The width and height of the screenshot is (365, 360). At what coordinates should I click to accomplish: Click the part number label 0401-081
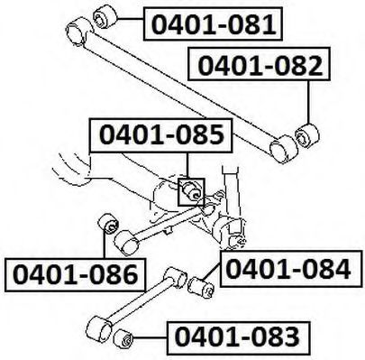coord(213,23)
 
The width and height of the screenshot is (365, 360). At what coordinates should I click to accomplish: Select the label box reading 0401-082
coord(259,64)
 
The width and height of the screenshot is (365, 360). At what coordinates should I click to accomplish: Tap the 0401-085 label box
coord(160,135)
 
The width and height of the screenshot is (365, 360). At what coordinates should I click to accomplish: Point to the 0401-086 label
coord(75,274)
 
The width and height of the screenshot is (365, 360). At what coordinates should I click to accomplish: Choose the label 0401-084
coord(290,268)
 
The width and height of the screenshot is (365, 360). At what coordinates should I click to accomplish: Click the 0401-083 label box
coord(238,337)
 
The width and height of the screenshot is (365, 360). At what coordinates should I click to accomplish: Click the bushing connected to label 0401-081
coord(105,17)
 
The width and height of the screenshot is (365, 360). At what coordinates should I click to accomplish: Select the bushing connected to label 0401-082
coord(307,135)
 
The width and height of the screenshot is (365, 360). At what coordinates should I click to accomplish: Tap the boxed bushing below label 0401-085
coord(191,192)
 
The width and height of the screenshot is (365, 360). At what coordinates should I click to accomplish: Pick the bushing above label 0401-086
coord(109,224)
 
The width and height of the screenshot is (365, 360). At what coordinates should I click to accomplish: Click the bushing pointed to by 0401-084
coord(201,287)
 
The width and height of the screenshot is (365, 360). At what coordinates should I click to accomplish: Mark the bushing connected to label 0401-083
coord(123,338)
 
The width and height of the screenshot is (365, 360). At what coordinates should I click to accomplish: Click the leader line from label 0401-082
coord(308,102)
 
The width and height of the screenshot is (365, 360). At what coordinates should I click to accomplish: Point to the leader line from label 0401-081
coord(130,19)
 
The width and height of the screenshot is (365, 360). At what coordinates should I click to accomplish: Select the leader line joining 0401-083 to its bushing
coord(150,338)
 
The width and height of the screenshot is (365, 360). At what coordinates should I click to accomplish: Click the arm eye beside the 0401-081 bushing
coord(79,32)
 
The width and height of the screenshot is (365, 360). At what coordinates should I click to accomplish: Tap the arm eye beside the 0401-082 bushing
coord(284,149)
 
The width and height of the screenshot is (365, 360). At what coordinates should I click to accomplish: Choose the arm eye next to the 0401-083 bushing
coord(99,329)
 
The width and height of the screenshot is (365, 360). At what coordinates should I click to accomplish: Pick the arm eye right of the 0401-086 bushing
coord(126,243)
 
